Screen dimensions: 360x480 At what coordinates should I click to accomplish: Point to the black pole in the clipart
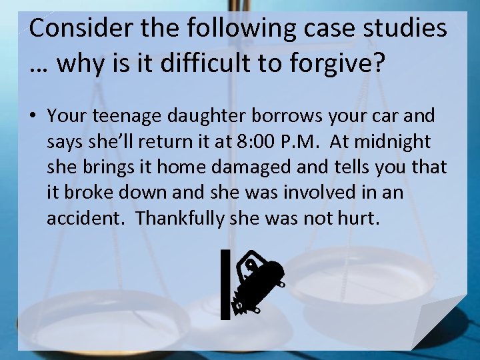click(225, 284)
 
